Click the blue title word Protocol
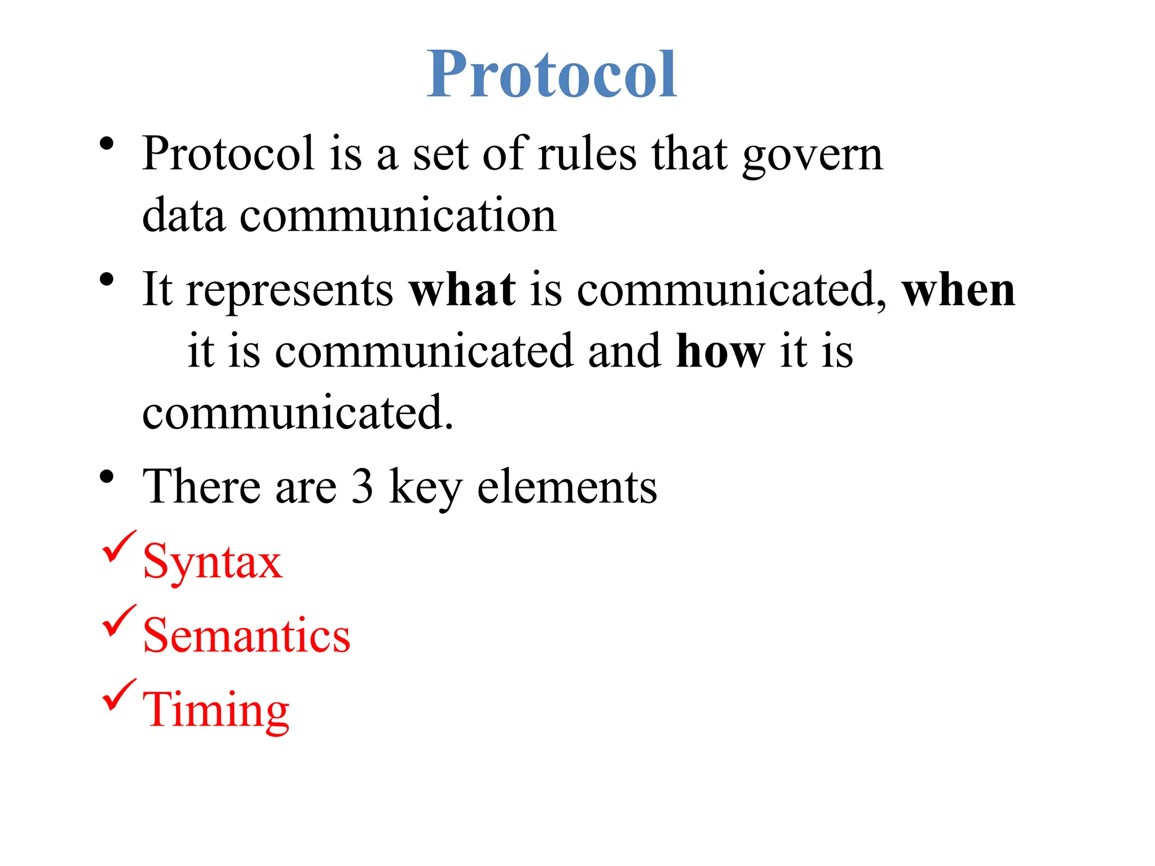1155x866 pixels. [552, 74]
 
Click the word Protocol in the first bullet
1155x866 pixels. [228, 153]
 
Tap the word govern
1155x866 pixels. [812, 155]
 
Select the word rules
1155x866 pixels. [587, 153]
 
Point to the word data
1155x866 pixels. [183, 215]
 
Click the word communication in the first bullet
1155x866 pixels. [398, 215]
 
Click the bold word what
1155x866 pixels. [462, 290]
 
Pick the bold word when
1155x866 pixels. [958, 290]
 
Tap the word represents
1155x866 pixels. [290, 291]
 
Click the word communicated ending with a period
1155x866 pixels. [297, 413]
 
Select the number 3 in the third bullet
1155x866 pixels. [362, 486]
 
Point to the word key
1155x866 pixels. [425, 488]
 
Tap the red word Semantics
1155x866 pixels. [246, 635]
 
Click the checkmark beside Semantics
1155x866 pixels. [118, 620]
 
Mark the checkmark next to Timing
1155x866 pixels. [118, 695]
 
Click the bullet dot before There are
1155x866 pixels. [107, 477]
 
